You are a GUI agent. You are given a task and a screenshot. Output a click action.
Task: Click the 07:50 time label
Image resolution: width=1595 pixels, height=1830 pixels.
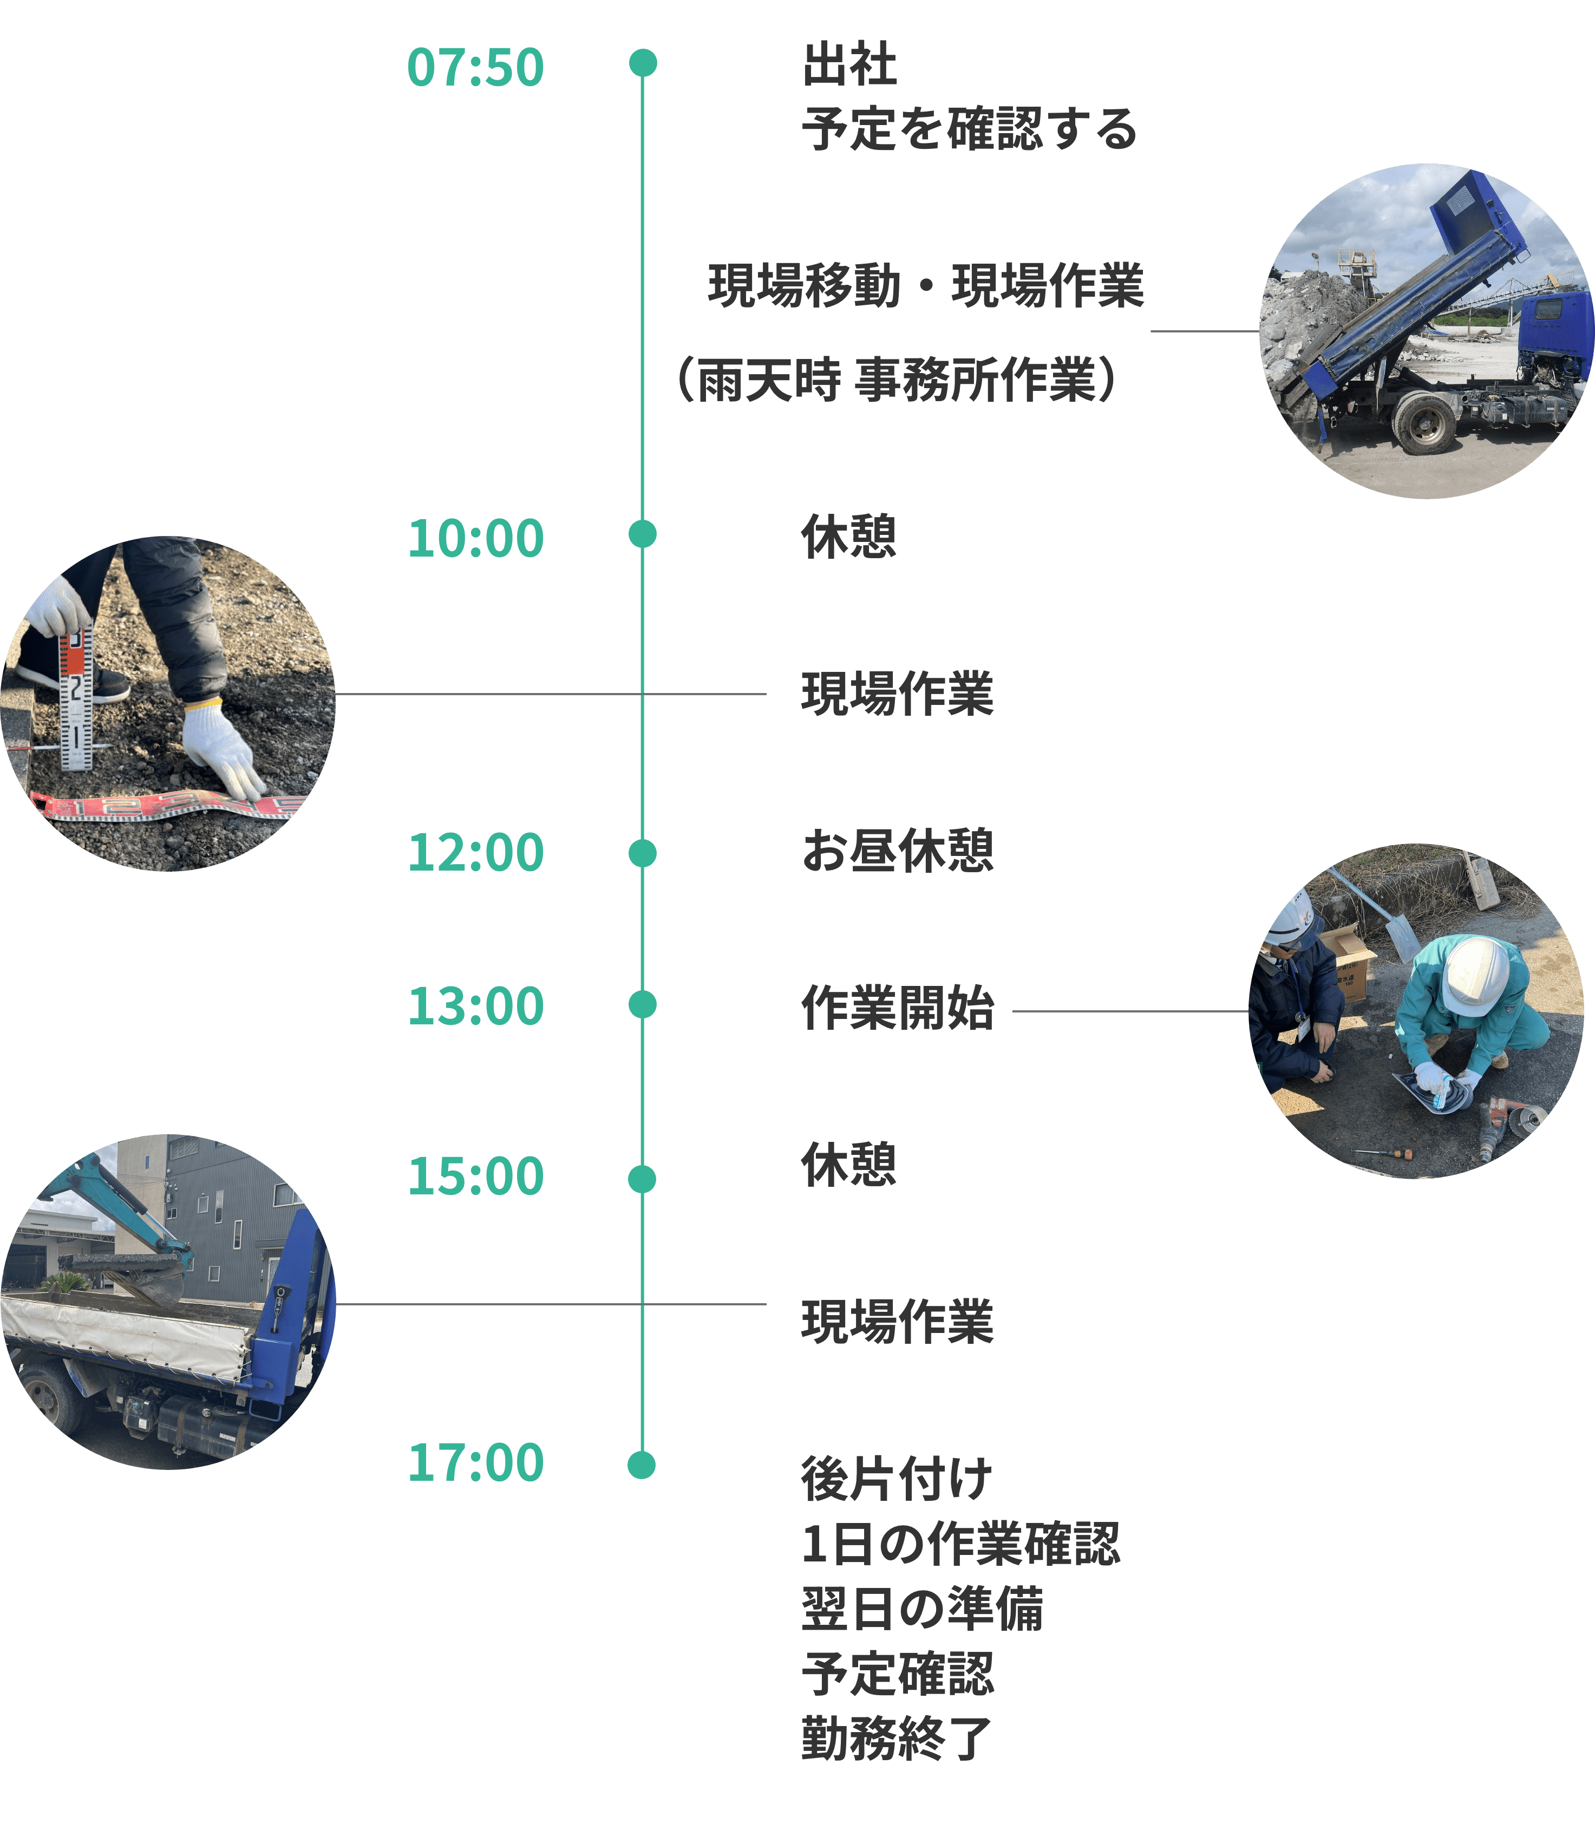pyautogui.click(x=475, y=69)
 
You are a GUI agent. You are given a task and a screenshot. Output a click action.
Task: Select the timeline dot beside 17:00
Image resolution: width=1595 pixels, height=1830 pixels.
pyautogui.click(x=642, y=1465)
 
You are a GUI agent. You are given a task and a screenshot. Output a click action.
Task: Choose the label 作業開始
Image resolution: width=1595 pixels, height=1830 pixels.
pyautogui.click(x=897, y=1008)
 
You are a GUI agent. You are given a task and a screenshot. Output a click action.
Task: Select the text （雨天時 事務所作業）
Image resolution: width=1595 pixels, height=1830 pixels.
pyautogui.click(x=896, y=381)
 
